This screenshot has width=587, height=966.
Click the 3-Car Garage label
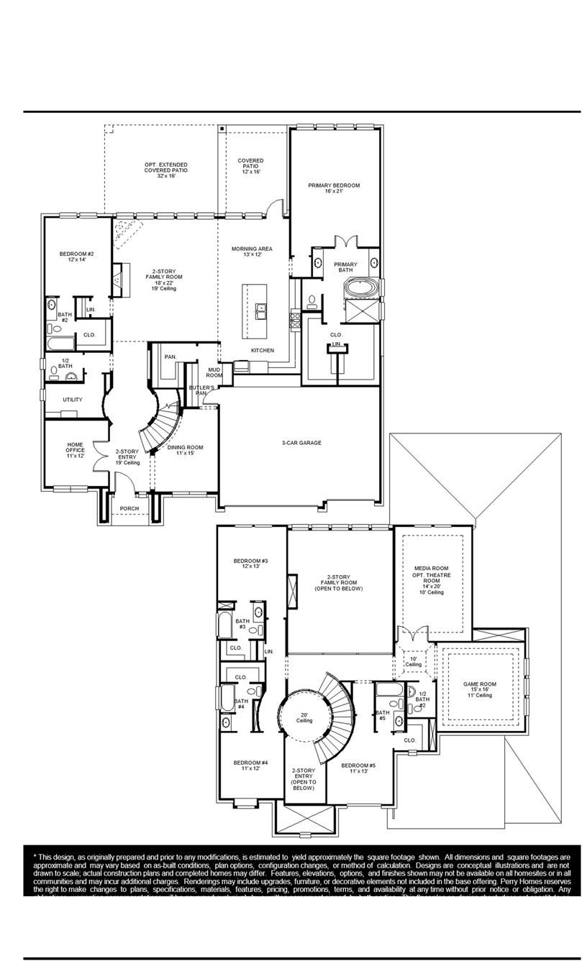pos(301,443)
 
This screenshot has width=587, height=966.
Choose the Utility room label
pos(72,400)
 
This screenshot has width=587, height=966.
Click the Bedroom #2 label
pos(76,257)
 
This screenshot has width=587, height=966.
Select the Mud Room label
pos(214,372)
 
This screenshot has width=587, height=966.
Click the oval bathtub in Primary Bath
pos(358,288)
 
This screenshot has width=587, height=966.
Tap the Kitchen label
pos(262,350)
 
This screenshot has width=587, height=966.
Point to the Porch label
pos(129,508)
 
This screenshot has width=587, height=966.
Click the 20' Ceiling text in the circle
pos(305,717)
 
